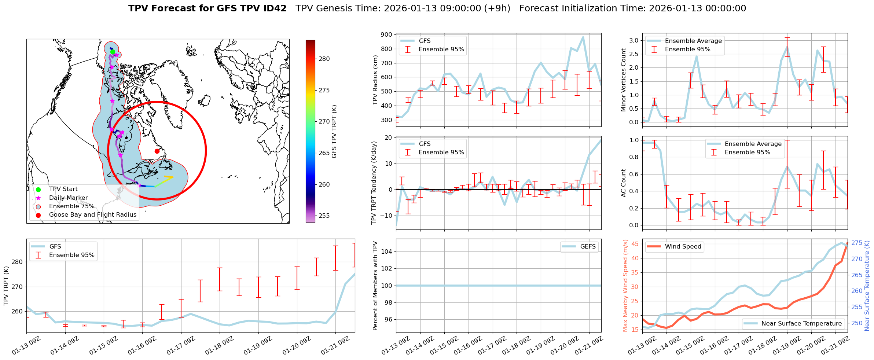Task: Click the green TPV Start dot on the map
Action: point(113,52)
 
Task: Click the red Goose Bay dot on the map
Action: point(157,151)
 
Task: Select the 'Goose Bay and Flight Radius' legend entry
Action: point(92,215)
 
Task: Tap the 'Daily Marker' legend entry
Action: point(68,198)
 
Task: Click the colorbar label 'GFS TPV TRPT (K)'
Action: point(334,131)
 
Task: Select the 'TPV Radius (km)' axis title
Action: point(375,80)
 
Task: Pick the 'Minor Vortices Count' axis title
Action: point(623,80)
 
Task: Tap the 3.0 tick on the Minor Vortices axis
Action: point(634,40)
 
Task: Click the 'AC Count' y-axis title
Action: point(623,183)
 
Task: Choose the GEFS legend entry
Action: point(588,247)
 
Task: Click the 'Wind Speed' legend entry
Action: point(683,247)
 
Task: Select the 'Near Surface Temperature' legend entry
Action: point(801,324)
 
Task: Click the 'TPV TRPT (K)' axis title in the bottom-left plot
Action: point(6,286)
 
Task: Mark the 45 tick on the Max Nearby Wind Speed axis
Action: point(635,244)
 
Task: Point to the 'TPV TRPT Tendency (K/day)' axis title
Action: point(374,183)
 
